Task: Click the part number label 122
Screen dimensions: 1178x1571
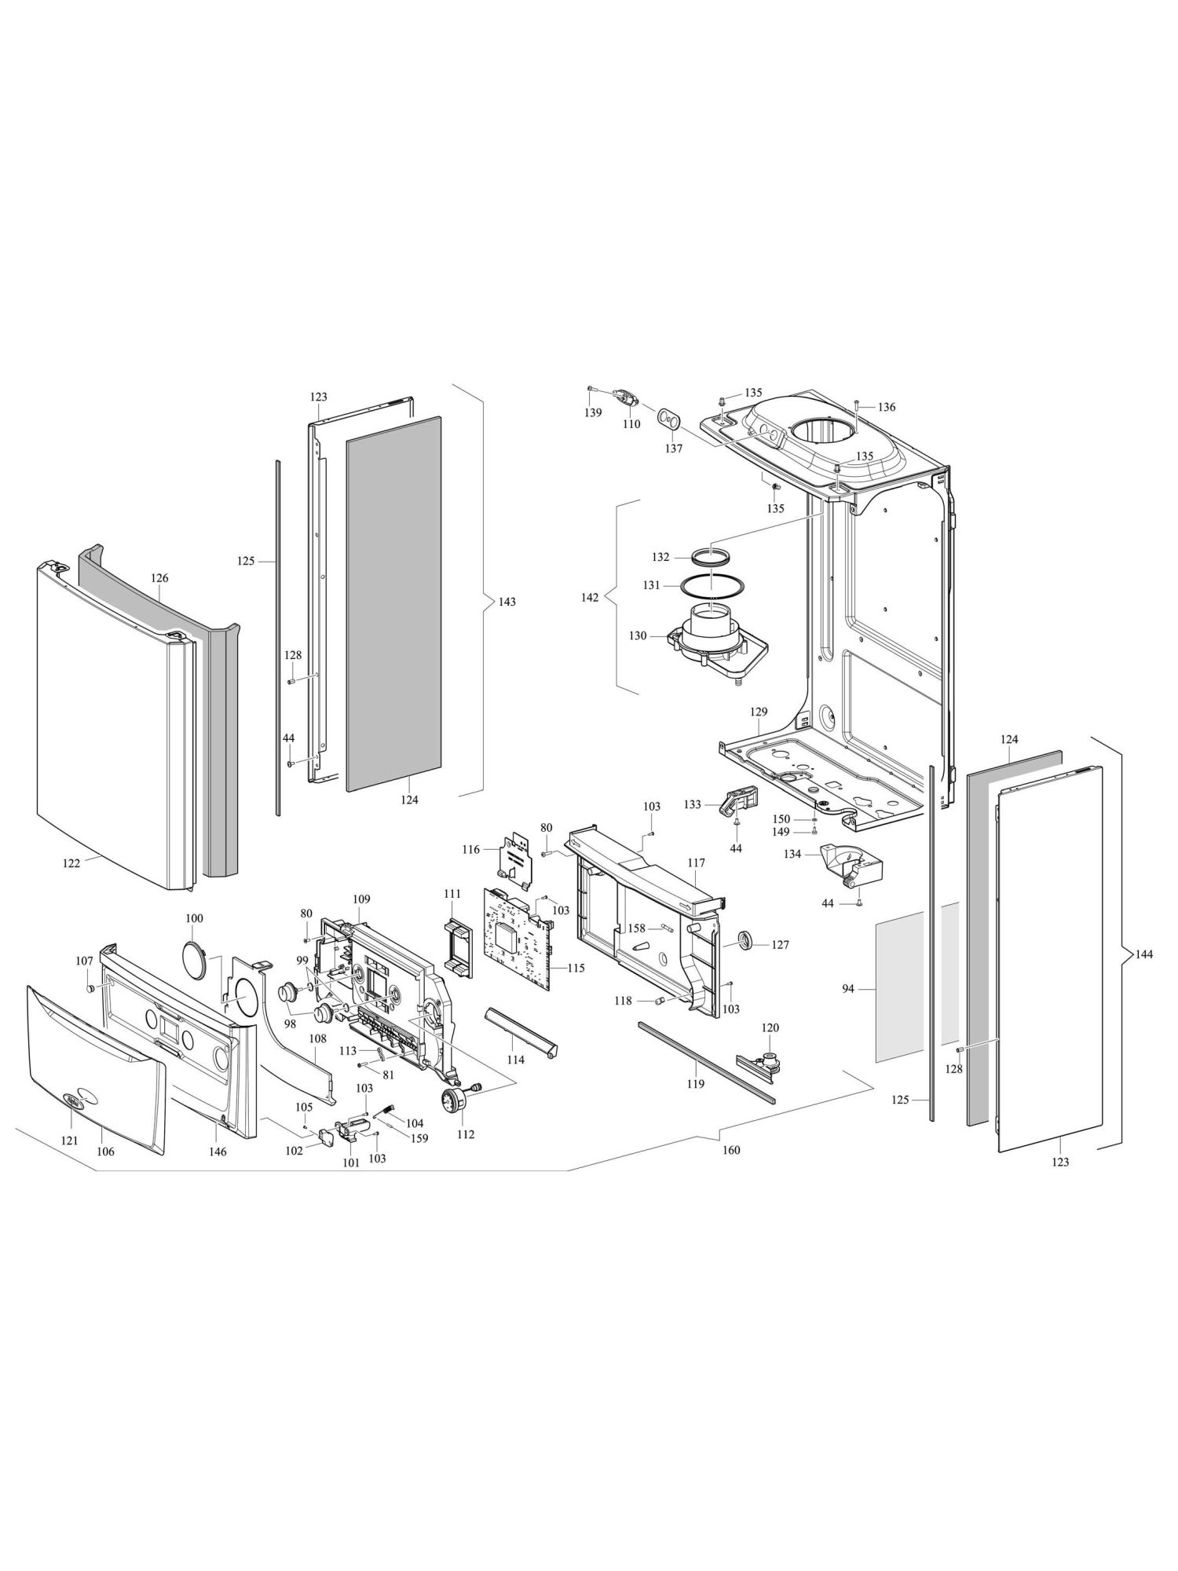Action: (71, 863)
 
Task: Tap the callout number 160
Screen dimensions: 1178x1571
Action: (731, 1150)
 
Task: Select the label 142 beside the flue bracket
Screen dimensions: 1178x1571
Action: (590, 598)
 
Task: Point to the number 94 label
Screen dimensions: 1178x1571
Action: (847, 990)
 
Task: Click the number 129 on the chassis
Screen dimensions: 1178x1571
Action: (758, 711)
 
